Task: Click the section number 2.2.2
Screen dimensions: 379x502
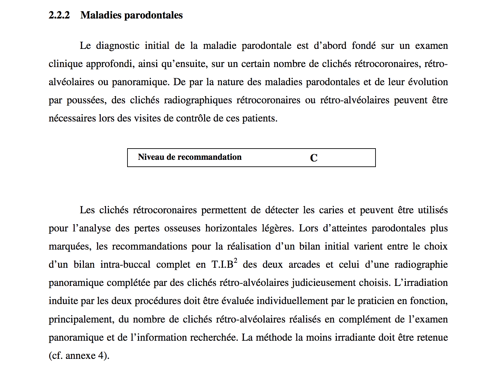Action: (x=59, y=15)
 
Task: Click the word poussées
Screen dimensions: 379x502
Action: (x=87, y=100)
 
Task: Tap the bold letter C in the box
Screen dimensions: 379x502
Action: (x=314, y=158)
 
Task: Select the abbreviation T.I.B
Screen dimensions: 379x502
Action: (x=222, y=264)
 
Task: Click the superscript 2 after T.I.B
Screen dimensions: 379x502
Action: (x=235, y=260)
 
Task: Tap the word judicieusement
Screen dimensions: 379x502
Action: (x=325, y=283)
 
